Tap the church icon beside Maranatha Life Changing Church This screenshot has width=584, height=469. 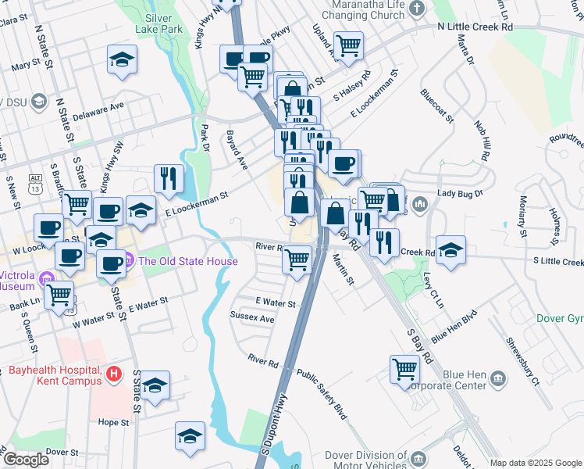coord(417,9)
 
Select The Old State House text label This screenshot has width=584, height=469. coord(188,261)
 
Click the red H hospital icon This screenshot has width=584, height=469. coord(114,374)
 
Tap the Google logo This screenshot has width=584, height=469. coord(26,460)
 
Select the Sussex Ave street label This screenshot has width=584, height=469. coord(252,319)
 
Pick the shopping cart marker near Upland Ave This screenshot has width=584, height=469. coord(347,45)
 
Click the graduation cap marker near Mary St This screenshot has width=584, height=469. coord(122,60)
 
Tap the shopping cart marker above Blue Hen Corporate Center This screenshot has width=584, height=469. coord(404,368)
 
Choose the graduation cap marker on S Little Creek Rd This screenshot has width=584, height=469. coord(451,250)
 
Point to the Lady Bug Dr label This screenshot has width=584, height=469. coord(461,192)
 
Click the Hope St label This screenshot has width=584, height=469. coord(114,422)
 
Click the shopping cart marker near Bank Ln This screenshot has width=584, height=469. coord(59,295)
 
